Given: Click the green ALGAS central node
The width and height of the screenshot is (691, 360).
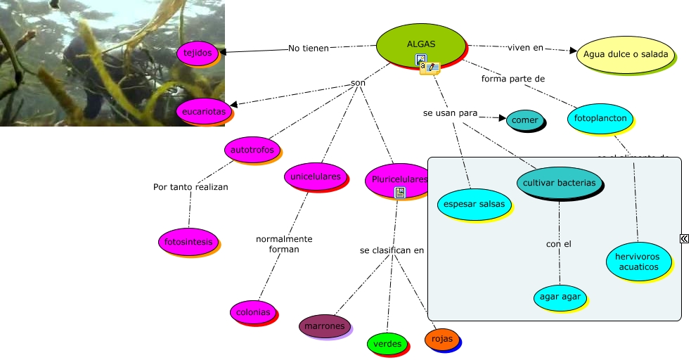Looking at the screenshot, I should click(x=420, y=44).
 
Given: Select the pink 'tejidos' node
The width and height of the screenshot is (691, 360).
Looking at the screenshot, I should click(x=198, y=53).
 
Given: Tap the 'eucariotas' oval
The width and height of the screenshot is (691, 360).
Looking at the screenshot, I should click(x=203, y=111).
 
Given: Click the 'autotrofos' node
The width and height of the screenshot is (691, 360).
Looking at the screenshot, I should click(x=252, y=150).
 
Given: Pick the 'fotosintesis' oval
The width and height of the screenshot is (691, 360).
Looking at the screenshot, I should click(x=188, y=241).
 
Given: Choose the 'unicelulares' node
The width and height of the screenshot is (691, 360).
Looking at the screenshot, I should click(x=316, y=176).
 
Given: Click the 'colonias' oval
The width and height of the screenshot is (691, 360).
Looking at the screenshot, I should click(x=252, y=312).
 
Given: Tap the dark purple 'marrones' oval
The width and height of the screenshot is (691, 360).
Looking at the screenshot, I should click(x=324, y=326).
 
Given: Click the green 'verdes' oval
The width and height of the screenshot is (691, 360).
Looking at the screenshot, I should click(x=387, y=344).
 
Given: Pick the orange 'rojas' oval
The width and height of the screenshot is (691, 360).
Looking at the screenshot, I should click(x=441, y=340).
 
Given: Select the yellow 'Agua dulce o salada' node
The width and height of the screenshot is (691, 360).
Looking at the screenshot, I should click(x=625, y=54).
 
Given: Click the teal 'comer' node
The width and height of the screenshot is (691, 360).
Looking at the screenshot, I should click(x=524, y=120).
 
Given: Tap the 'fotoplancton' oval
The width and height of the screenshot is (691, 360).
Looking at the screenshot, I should click(x=600, y=118).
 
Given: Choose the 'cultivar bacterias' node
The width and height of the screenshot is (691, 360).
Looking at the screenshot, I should click(x=560, y=183).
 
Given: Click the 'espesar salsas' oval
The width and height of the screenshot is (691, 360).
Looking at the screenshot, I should click(x=473, y=205).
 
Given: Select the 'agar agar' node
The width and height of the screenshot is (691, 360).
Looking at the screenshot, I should click(x=560, y=297).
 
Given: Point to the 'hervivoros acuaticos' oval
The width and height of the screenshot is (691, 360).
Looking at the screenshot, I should click(x=638, y=262).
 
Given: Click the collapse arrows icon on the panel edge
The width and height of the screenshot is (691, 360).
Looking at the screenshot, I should click(x=684, y=239).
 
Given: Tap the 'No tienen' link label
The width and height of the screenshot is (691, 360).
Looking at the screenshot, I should click(x=309, y=49).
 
